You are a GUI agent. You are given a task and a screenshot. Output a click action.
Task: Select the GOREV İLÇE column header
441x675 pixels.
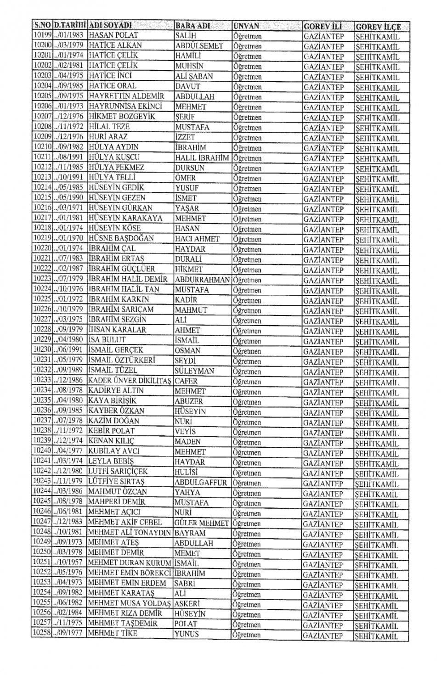coord(378,27)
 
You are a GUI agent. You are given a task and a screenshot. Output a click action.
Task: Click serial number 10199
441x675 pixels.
coord(42,35)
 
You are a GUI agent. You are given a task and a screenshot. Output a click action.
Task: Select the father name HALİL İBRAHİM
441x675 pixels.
coord(202,157)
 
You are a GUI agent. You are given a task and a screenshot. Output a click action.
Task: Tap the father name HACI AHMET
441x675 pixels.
coord(197,239)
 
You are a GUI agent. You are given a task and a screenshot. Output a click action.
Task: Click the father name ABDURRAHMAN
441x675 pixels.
coord(202,279)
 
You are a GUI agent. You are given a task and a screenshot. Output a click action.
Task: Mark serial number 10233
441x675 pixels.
coord(42,380)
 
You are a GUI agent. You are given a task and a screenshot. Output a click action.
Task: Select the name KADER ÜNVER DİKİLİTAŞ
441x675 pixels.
coord(130,381)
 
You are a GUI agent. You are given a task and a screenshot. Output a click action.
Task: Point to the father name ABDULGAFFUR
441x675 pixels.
coord(201,482)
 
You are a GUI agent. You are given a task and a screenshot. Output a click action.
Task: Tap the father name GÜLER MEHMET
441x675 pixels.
coord(202,523)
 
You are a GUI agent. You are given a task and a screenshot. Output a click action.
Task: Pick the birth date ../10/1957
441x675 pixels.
coord(70,562)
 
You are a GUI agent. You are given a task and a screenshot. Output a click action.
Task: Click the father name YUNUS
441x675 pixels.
coord(187,634)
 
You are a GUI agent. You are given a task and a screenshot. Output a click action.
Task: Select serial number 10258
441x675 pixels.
coord(41,633)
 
